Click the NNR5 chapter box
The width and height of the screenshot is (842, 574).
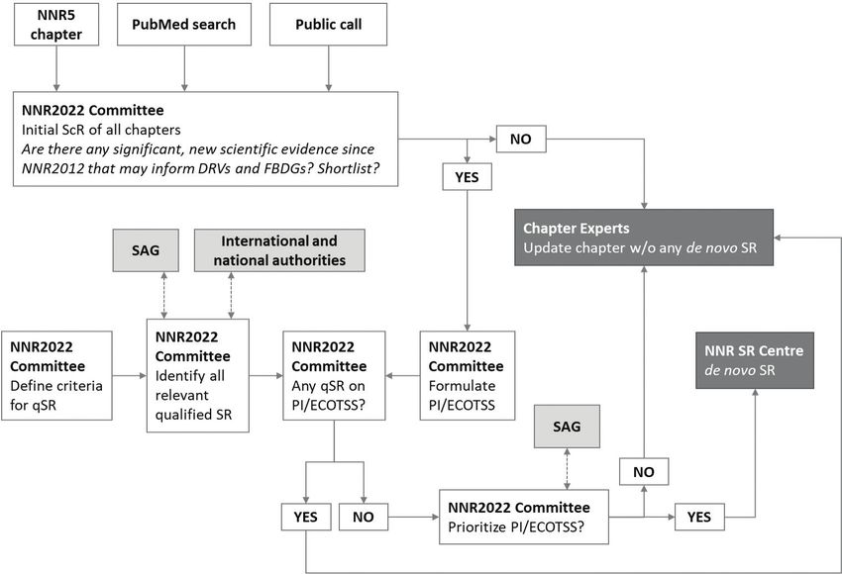click(x=56, y=25)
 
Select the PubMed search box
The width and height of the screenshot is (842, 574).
click(x=184, y=25)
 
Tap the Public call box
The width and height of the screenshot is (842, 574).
click(x=328, y=25)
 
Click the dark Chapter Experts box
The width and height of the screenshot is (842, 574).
click(x=644, y=238)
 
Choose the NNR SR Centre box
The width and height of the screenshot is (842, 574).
click(x=755, y=360)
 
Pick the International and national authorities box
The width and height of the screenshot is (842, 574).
click(x=279, y=250)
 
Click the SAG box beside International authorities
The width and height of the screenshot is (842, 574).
click(x=146, y=250)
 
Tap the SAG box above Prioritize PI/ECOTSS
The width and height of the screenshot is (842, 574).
click(x=567, y=427)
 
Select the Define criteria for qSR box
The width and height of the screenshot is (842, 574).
click(x=56, y=375)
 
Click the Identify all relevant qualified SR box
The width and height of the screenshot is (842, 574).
click(x=197, y=375)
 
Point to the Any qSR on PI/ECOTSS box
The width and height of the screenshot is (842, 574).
click(x=334, y=375)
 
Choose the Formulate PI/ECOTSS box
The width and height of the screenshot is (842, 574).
click(x=468, y=375)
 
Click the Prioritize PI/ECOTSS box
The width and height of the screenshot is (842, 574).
click(x=524, y=518)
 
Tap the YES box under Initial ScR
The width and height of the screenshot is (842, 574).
click(x=468, y=177)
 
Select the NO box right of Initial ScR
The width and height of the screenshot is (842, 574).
click(x=521, y=139)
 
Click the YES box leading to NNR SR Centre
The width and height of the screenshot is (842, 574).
click(x=699, y=517)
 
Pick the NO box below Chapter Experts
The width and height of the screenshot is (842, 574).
click(x=644, y=471)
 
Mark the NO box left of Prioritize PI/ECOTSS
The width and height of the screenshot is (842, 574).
click(x=364, y=517)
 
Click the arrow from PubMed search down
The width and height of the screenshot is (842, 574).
click(x=184, y=68)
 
